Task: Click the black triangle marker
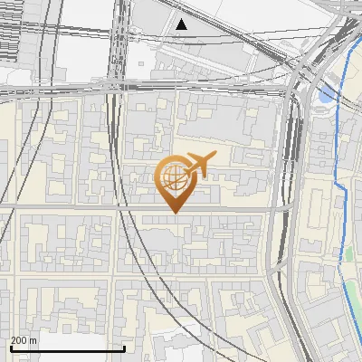182,24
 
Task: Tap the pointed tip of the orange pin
174,213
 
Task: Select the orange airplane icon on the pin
199,165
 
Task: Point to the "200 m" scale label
24,340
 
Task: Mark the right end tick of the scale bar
124,347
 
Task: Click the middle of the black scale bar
67,348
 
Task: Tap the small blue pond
327,93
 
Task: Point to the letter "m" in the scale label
33,340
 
